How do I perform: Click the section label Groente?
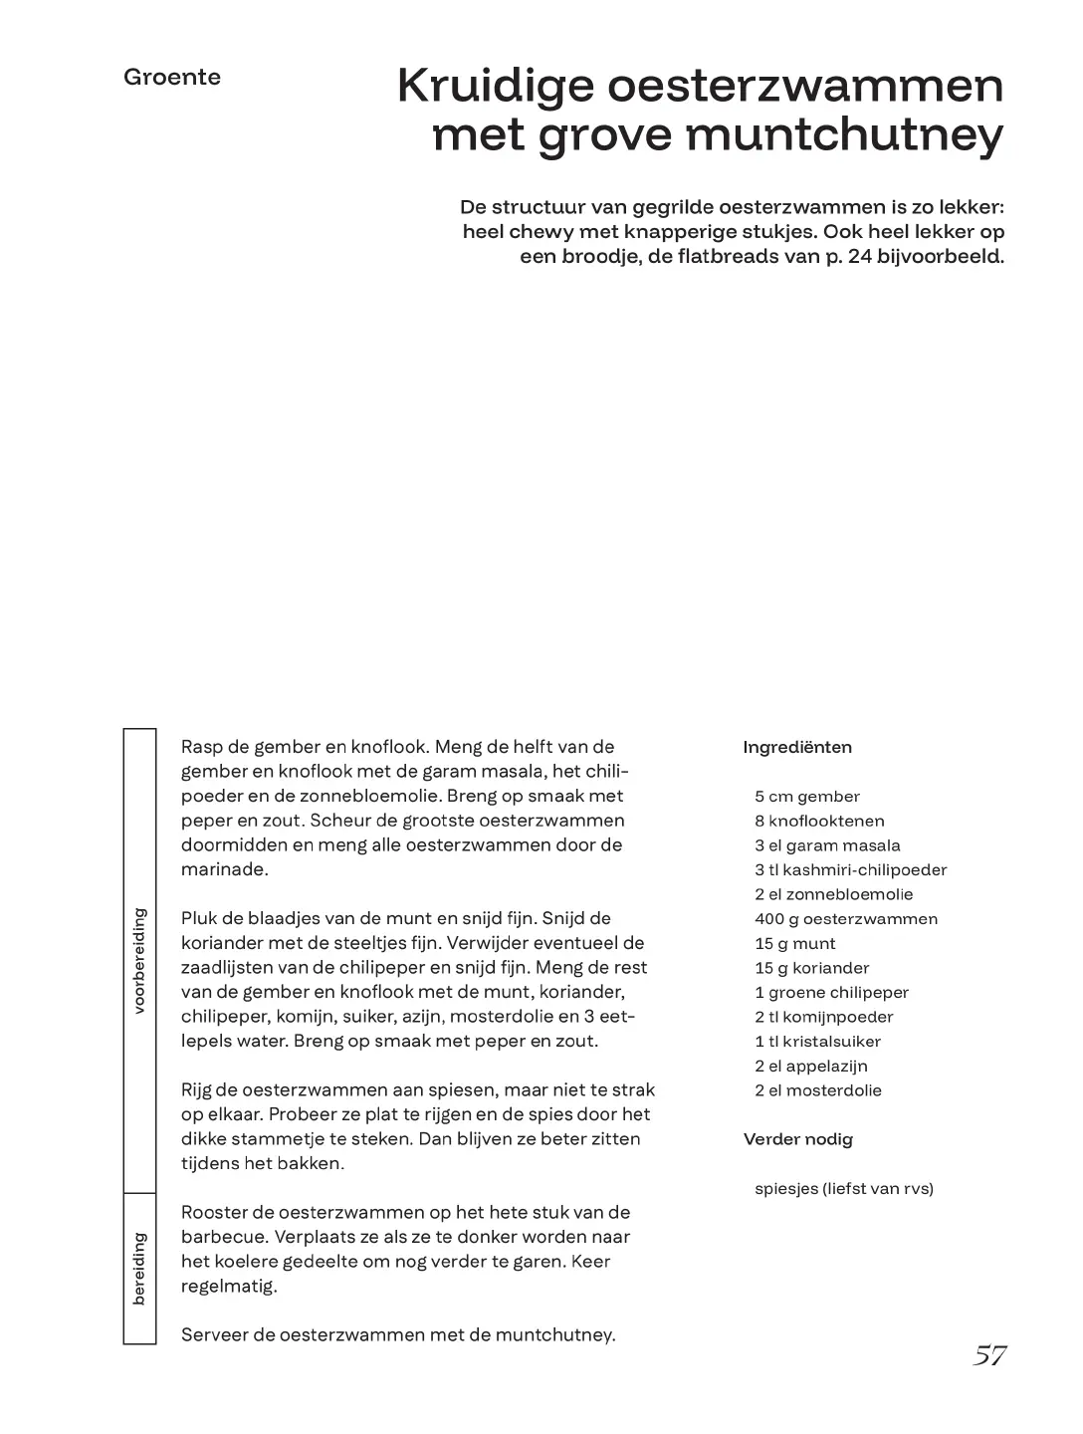(172, 78)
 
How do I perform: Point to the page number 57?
(989, 1355)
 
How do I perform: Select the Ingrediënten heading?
(797, 748)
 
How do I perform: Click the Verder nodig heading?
(797, 1139)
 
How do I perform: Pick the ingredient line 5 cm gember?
(806, 797)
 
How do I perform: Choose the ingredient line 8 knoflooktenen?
(819, 822)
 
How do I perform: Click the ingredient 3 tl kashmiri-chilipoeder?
(850, 870)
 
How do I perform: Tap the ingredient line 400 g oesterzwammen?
(845, 919)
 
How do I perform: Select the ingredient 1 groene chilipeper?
(831, 993)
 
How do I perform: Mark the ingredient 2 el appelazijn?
(810, 1067)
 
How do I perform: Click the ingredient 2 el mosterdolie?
(817, 1090)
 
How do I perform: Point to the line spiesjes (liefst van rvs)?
(843, 1188)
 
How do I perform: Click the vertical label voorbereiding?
(139, 960)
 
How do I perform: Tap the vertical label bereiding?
(139, 1268)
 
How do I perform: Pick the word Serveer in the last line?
(215, 1335)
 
